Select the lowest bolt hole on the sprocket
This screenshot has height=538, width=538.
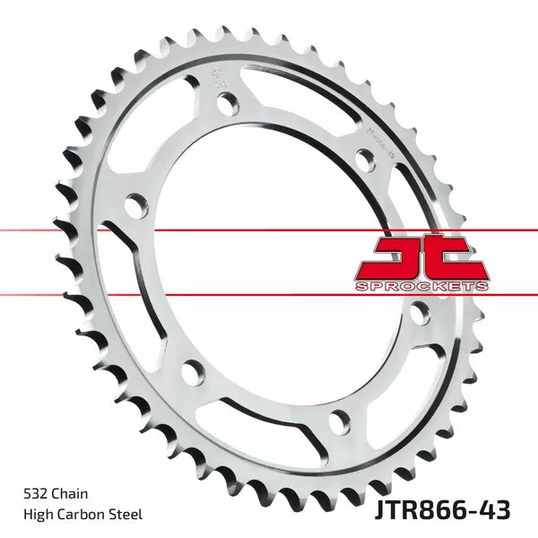coord(337,418)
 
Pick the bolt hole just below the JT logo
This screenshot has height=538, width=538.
coord(417,315)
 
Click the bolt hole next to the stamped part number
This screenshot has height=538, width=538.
coord(364,161)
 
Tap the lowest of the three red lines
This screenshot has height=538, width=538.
coord(269,293)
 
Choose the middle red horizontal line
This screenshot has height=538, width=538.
coord(269,230)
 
